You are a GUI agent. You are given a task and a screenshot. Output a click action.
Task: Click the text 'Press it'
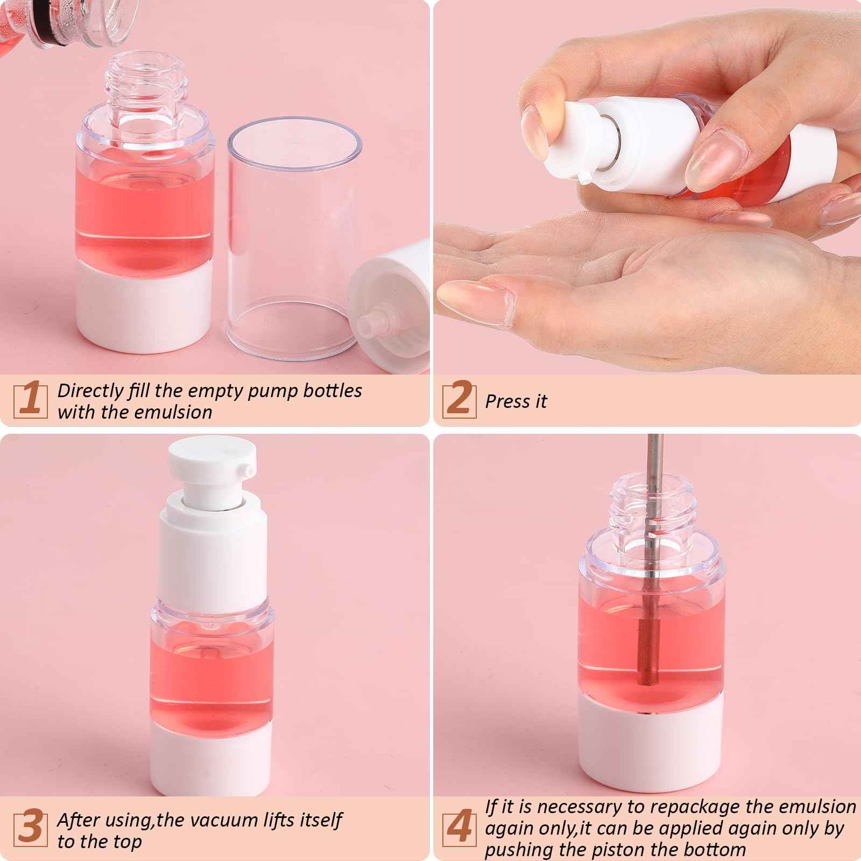coord(516,401)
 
